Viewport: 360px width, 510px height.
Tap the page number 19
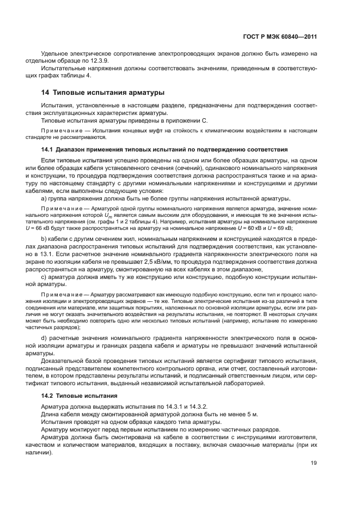[x=313, y=463]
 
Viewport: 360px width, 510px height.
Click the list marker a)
[x=44, y=199]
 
